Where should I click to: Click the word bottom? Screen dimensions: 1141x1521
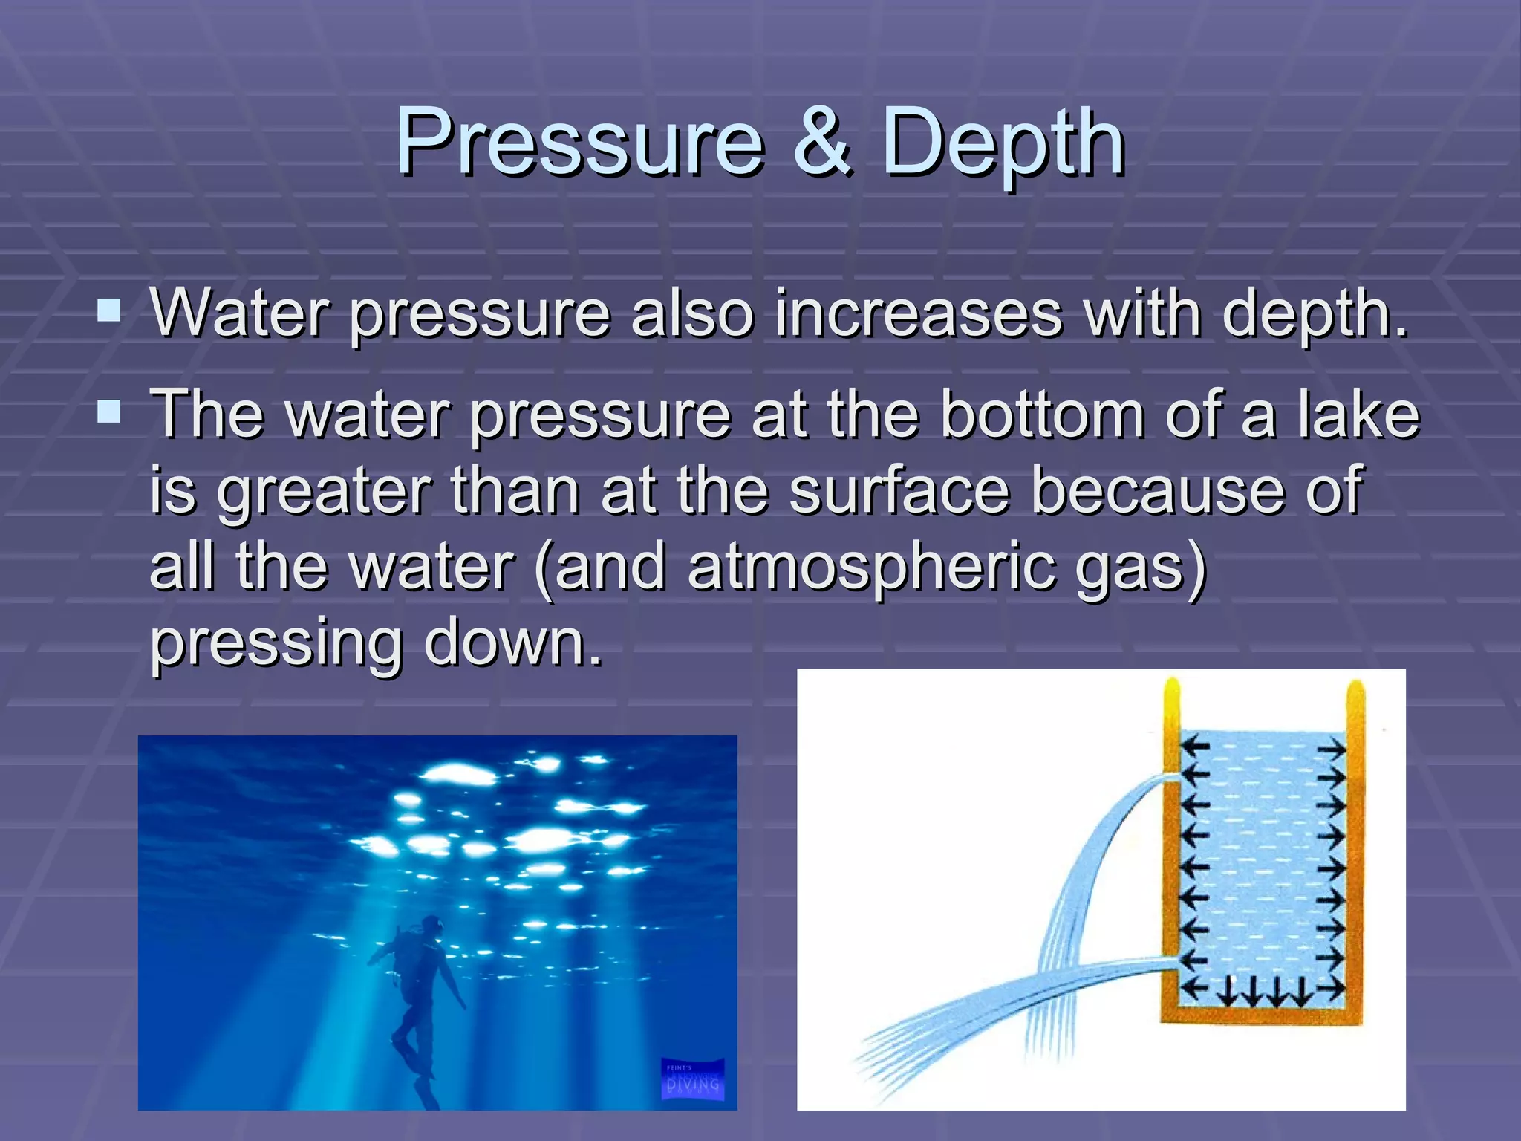coord(1043,415)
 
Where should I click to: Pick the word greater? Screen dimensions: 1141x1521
coord(324,492)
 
